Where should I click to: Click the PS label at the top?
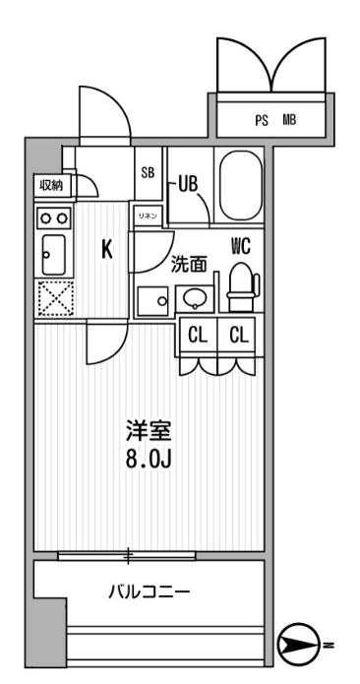(262, 121)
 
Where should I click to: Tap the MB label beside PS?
(289, 121)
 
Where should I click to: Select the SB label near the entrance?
(148, 172)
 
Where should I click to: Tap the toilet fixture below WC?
(239, 283)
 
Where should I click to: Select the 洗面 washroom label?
(190, 264)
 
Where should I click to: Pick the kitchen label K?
(106, 249)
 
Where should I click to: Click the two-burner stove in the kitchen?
(53, 218)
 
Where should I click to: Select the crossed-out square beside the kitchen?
(52, 298)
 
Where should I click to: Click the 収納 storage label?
(52, 185)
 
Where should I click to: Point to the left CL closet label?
(198, 336)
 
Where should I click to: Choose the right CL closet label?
(239, 336)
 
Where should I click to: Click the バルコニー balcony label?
(148, 592)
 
